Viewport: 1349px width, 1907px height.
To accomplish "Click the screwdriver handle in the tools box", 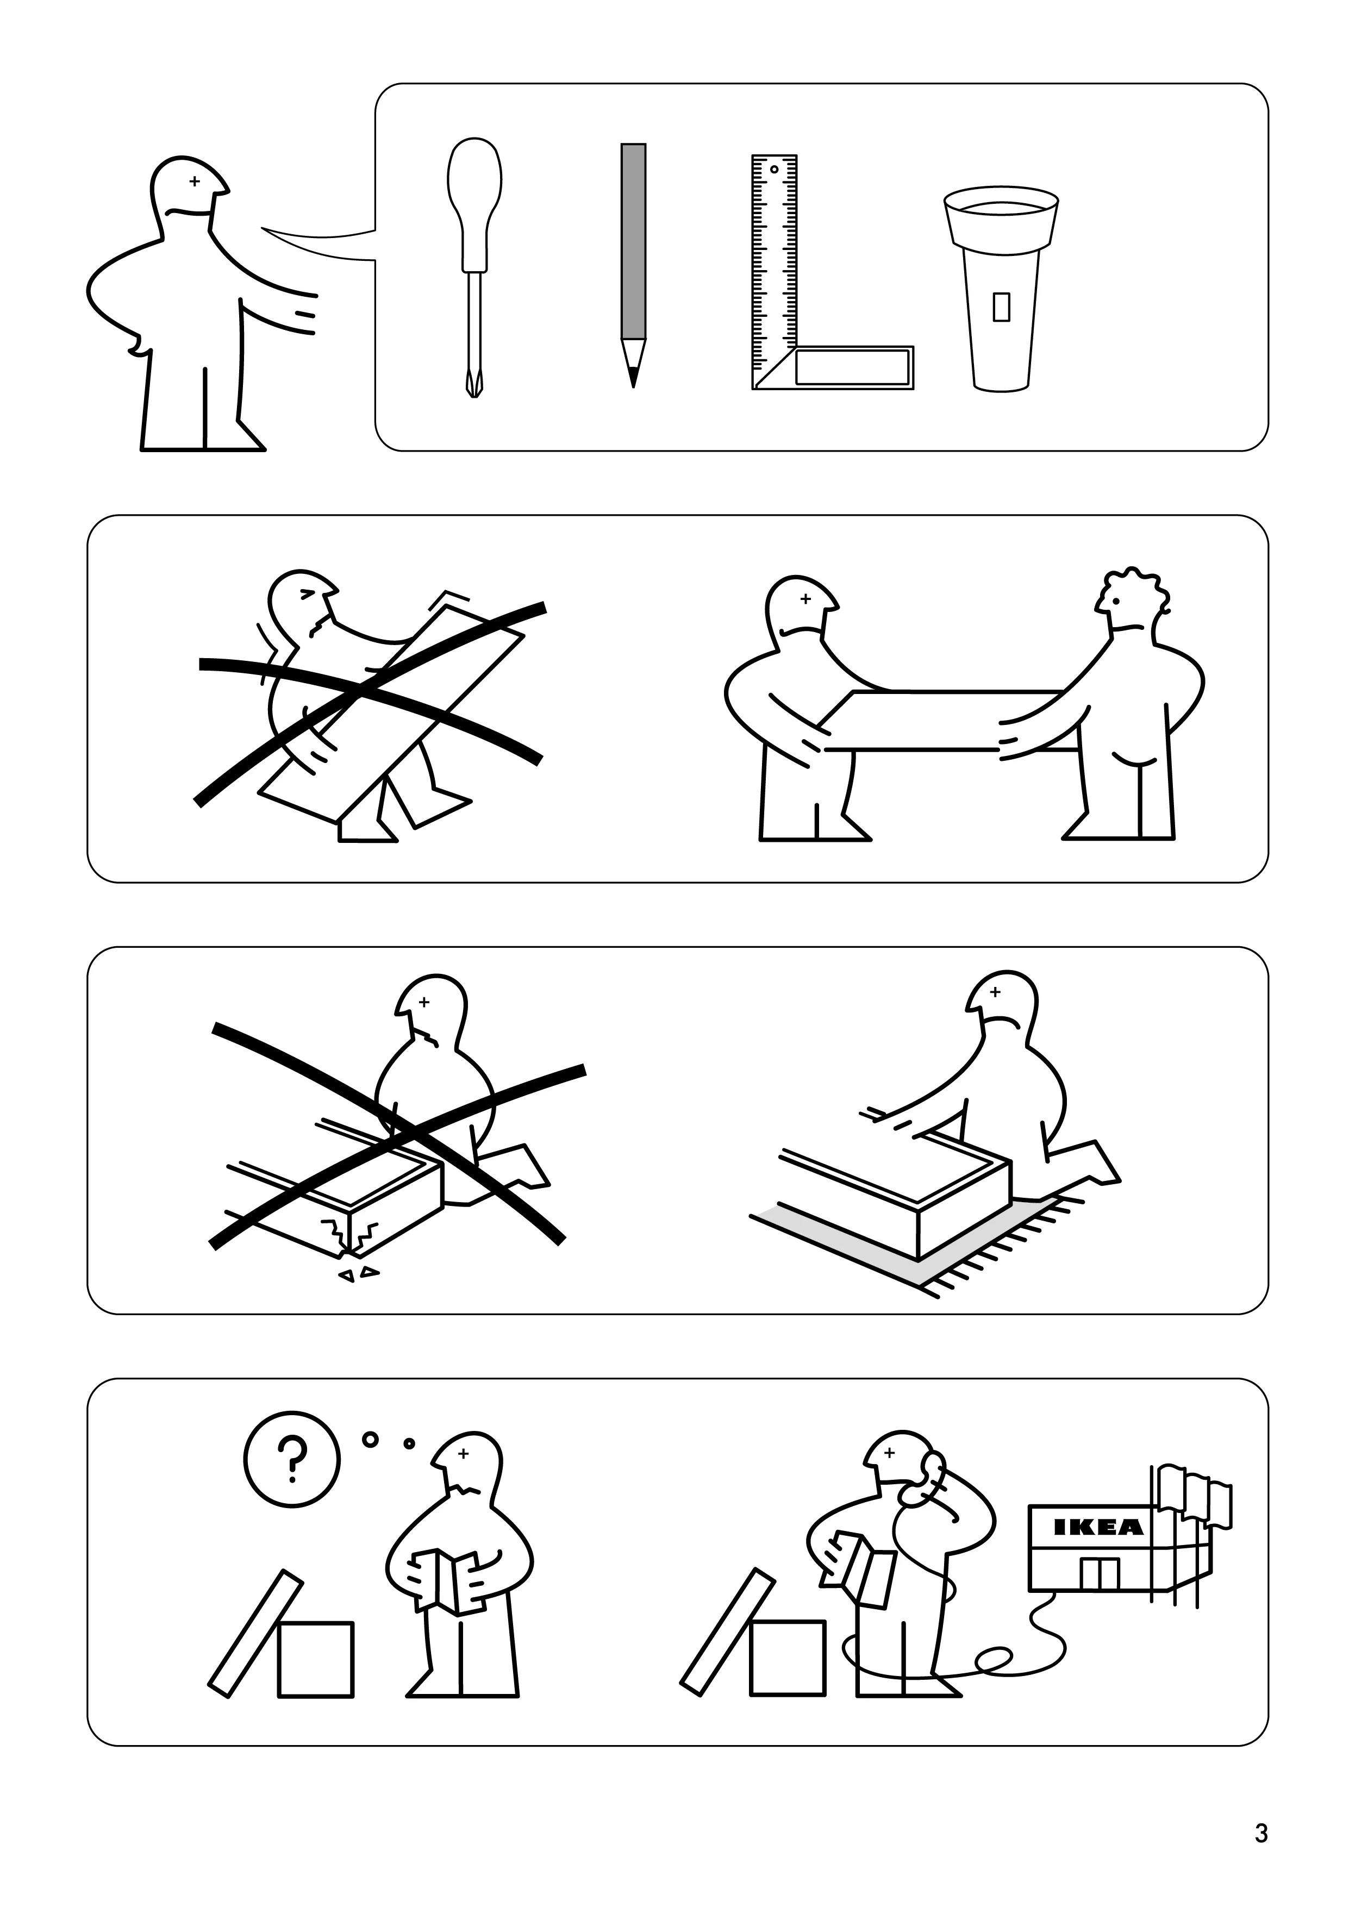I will tap(474, 195).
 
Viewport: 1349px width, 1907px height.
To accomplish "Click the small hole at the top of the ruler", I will tap(774, 170).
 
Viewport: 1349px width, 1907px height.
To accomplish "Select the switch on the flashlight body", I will tap(1002, 307).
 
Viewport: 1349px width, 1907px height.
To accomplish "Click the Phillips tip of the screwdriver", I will tap(473, 387).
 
